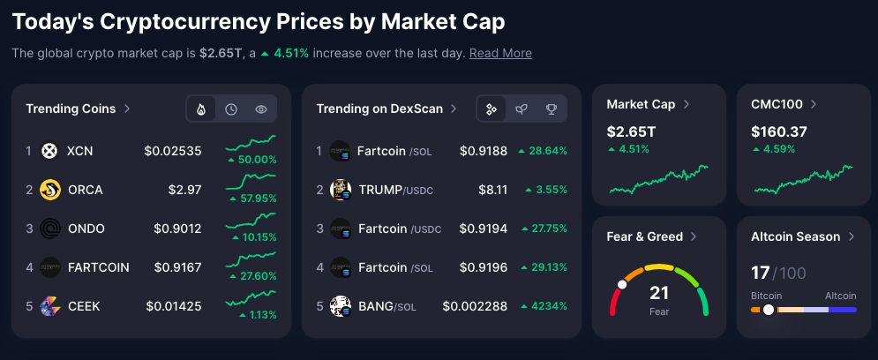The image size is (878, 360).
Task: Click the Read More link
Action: pos(500,53)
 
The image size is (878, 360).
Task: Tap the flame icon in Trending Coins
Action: pos(201,109)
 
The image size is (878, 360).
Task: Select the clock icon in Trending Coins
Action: pos(231,109)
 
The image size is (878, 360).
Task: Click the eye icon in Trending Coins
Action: pos(261,109)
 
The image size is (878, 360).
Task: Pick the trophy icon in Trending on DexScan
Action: pos(552,109)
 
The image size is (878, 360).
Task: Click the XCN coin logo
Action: pos(49,151)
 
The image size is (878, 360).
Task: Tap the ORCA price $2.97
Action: pos(184,190)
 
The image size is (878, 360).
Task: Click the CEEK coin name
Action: pos(84,306)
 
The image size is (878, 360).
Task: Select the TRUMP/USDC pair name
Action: pos(395,190)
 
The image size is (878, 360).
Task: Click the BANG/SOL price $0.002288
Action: pos(475,306)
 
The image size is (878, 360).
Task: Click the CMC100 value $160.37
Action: pos(779,131)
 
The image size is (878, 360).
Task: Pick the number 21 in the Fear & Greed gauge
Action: pos(659,293)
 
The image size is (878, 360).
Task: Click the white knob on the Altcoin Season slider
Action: pos(769,310)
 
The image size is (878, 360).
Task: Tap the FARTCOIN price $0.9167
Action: pos(177,267)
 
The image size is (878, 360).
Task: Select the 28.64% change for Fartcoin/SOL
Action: pos(543,151)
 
